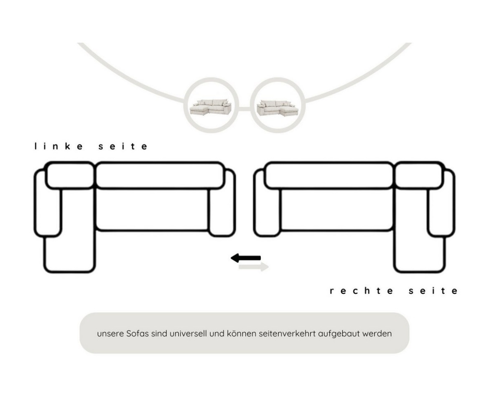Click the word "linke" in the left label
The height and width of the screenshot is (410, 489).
tap(59, 146)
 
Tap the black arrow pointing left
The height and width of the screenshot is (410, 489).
tap(246, 258)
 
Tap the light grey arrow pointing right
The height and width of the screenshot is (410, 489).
tap(254, 267)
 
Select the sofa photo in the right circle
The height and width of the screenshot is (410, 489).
tap(278, 107)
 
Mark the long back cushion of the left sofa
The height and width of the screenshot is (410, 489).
tap(159, 175)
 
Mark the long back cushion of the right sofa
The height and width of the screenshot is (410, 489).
tap(329, 175)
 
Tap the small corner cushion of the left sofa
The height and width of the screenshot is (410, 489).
tap(69, 175)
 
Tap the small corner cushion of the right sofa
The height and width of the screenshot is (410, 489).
tap(418, 175)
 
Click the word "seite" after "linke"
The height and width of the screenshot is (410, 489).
tap(123, 146)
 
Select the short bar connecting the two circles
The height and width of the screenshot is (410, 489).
tap(244, 109)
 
